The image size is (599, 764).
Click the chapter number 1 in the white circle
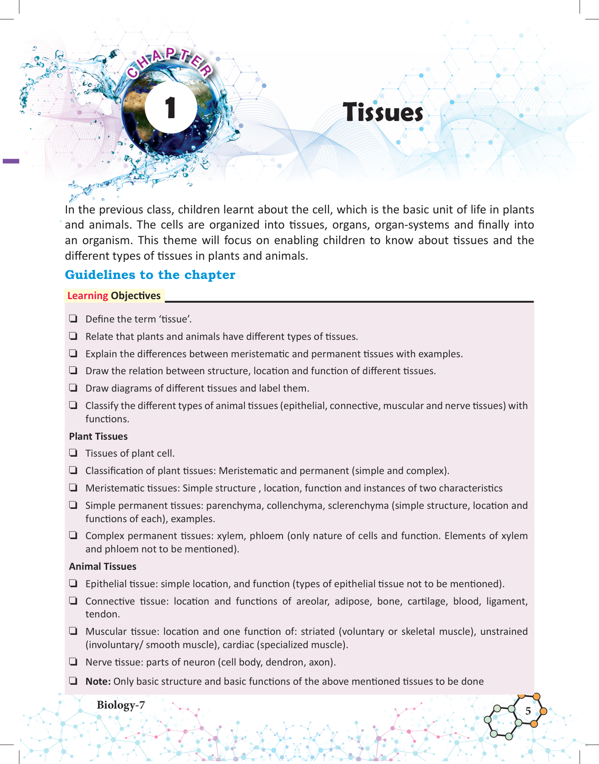pos(170,108)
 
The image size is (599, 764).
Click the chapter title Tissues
pos(383,112)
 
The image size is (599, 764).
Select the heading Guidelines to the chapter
pos(150,275)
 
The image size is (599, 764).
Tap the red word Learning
pos(87,296)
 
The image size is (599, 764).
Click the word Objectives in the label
pos(136,296)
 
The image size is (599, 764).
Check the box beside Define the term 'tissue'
pos(73,318)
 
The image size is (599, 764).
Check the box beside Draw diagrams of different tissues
pos(73,387)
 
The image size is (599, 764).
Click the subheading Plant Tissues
pos(98,437)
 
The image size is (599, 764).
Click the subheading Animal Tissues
pos(103,567)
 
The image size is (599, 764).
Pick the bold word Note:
pos(98,682)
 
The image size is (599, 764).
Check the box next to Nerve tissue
pos(73,661)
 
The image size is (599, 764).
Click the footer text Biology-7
pos(120,705)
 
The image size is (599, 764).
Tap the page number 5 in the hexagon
pos(528,711)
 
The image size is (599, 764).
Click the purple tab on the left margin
pos(11,161)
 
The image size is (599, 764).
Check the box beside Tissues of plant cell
pos(73,453)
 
